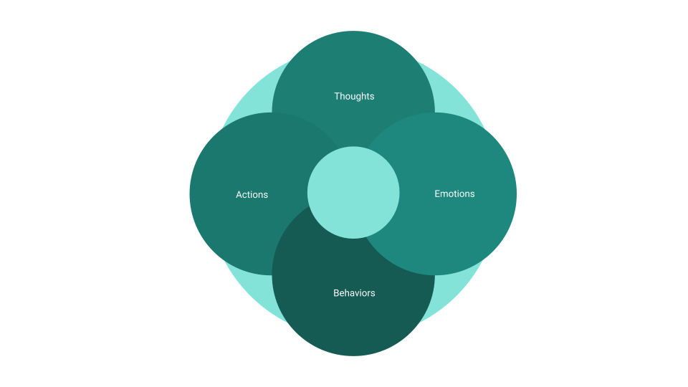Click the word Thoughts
[x=354, y=96]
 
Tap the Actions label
[x=252, y=194]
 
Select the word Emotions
[x=454, y=193]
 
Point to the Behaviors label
[x=354, y=292]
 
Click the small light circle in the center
[x=353, y=192]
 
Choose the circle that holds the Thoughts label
[x=353, y=64]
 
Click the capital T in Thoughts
[x=337, y=96]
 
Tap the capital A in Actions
[x=239, y=194]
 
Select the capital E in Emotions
[x=437, y=193]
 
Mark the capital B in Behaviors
[x=336, y=292]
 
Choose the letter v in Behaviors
[x=356, y=293]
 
